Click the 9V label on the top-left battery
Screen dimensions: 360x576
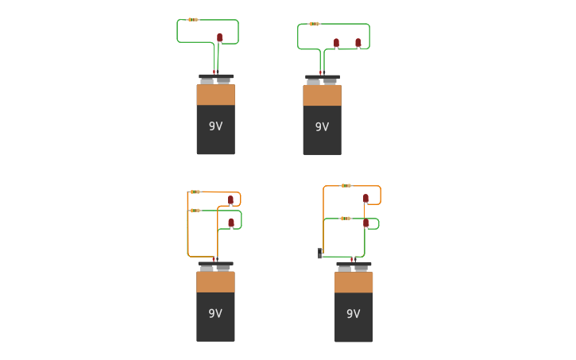click(215, 126)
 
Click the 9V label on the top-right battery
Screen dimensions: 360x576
click(322, 127)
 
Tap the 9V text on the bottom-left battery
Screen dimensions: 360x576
click(215, 314)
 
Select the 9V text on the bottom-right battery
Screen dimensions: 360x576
click(354, 314)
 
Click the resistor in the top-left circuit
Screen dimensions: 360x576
click(193, 20)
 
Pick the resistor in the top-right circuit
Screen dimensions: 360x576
click(314, 24)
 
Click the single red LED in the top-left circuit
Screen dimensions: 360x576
click(220, 37)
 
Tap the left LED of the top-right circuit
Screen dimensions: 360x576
click(336, 42)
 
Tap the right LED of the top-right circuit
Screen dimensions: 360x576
click(358, 42)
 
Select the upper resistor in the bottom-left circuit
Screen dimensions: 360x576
click(195, 192)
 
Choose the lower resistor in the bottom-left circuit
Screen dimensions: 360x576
click(195, 211)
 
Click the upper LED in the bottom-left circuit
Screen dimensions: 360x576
click(230, 199)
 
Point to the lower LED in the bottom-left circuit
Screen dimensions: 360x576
click(231, 223)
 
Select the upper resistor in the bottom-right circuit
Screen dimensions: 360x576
click(346, 186)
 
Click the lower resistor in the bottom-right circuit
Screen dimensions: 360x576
click(345, 219)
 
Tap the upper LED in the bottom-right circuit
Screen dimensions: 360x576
click(365, 198)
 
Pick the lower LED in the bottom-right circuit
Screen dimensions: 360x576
click(365, 223)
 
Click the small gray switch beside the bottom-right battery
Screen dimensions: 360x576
click(320, 253)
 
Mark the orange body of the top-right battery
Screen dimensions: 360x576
click(322, 95)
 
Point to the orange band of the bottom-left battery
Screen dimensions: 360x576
click(215, 282)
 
